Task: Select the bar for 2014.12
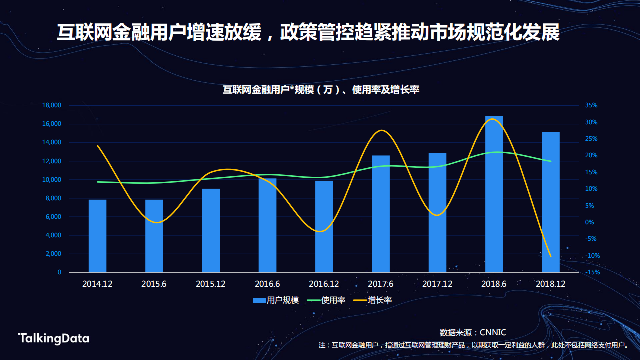97,236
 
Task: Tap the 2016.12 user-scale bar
324,226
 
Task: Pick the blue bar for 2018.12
550,202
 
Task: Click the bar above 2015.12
211,230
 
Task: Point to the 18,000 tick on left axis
52,105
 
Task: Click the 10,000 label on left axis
52,180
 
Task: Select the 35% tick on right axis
592,105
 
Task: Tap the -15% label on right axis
593,272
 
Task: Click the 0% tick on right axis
590,222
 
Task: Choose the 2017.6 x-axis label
380,284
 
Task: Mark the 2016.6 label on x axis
267,284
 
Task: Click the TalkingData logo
54,339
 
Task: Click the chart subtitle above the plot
320,90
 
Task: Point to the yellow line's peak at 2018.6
494,119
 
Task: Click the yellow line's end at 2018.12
551,256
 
